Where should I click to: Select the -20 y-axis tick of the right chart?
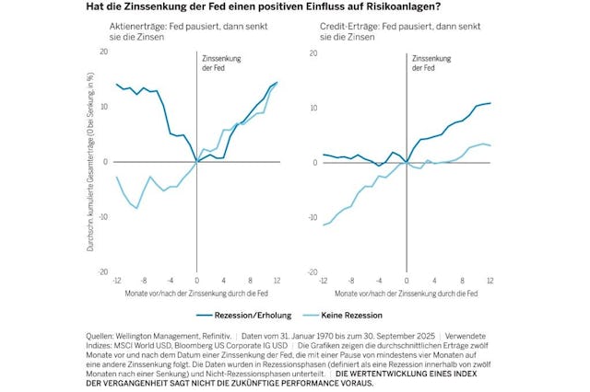point(314,271)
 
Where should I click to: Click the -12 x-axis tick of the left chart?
point(116,279)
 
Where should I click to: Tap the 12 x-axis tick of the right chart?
point(490,279)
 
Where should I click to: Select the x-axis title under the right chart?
point(407,293)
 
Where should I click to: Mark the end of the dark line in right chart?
point(491,103)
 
